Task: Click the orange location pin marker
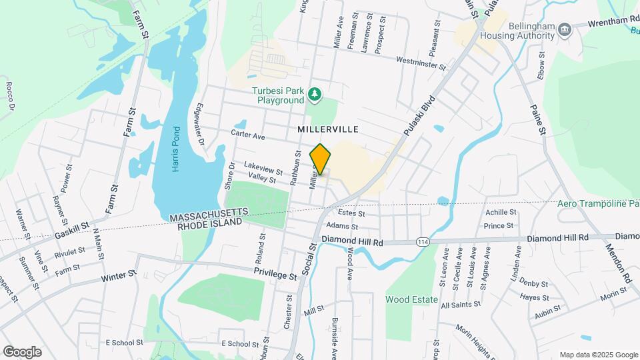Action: [x=321, y=159]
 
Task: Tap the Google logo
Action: [x=22, y=352]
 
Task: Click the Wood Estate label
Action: [x=411, y=299]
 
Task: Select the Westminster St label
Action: [x=420, y=61]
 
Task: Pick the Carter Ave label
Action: [x=248, y=135]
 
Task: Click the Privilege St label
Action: [x=275, y=275]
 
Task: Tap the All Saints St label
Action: [x=461, y=304]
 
